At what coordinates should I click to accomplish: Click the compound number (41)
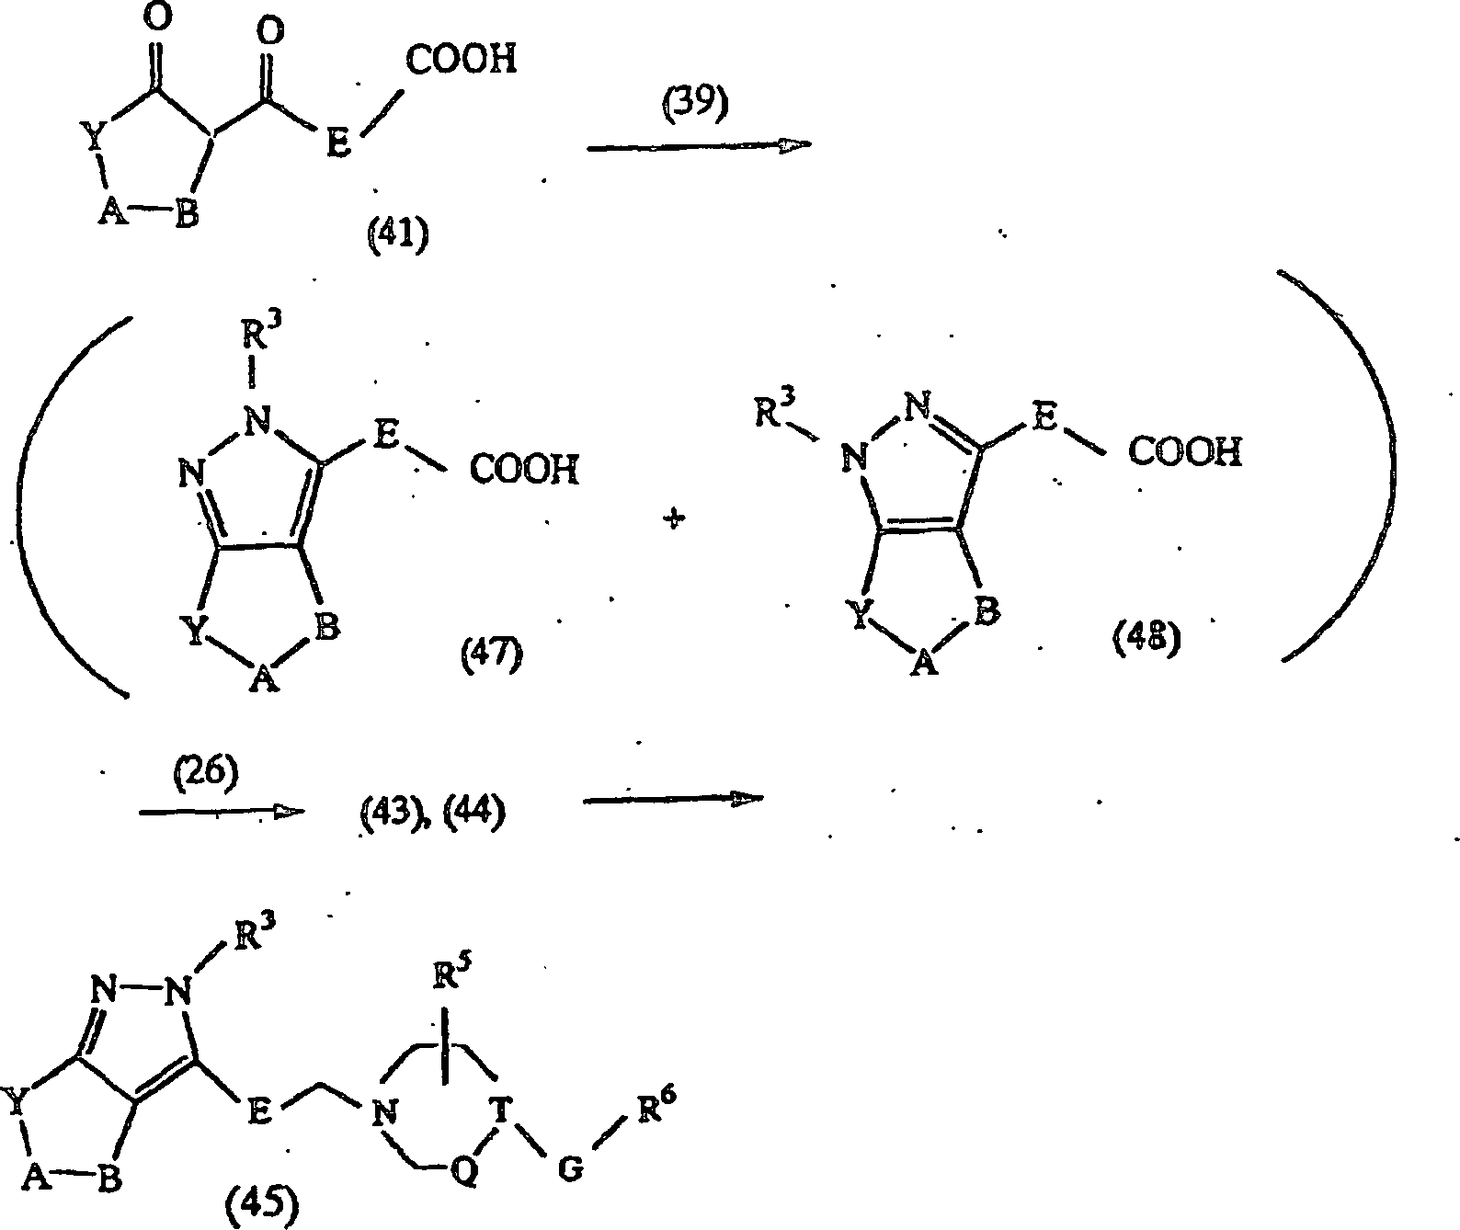398,234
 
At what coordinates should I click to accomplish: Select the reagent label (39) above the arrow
695,104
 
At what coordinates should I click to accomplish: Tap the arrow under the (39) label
699,146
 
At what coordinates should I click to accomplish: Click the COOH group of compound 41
461,59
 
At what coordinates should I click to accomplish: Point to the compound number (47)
492,655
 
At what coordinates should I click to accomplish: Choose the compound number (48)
1146,638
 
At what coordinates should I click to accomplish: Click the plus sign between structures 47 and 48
674,518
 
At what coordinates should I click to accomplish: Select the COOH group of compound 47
524,469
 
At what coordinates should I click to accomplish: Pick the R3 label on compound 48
775,410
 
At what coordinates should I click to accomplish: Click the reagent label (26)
206,773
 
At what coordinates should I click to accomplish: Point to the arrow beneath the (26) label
222,812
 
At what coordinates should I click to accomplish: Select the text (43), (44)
432,814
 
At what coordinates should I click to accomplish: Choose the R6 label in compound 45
656,1104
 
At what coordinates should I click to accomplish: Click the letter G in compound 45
571,1168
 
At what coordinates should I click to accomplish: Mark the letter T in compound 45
501,1110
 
